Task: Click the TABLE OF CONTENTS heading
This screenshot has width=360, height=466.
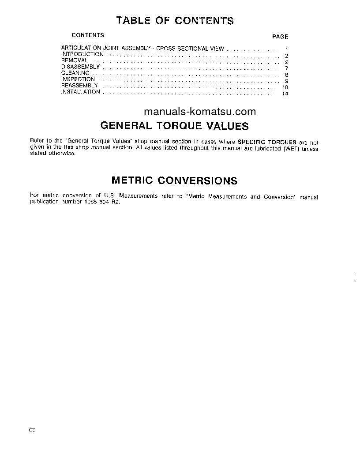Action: (175, 20)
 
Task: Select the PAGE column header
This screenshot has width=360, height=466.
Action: (280, 37)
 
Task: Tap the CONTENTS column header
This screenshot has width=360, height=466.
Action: (88, 35)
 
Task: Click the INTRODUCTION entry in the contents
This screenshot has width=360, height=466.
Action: (82, 54)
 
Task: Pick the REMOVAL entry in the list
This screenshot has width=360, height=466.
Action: (75, 60)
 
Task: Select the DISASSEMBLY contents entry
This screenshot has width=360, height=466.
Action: (81, 67)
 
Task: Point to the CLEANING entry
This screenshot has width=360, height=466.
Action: (75, 73)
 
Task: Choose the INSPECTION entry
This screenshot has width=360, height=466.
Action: (78, 79)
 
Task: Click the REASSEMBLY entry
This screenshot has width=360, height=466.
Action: (79, 85)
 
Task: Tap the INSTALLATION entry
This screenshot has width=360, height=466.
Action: (81, 92)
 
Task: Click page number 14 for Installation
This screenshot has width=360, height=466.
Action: (285, 94)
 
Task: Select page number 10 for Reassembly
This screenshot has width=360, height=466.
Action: (285, 87)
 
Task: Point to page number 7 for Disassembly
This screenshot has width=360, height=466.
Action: (286, 68)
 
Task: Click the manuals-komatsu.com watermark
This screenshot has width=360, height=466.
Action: (200, 112)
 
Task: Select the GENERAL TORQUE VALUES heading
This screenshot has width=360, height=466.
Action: (175, 126)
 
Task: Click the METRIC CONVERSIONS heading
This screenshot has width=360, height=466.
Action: (174, 180)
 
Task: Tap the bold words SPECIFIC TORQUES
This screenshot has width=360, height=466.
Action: (267, 142)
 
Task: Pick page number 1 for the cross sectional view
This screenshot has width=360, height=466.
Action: (286, 49)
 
